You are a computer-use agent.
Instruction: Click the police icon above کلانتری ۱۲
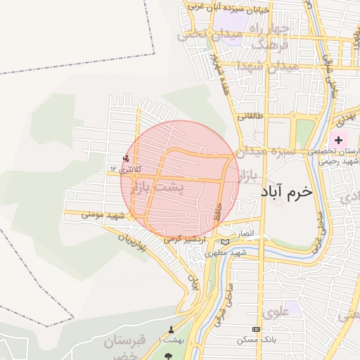[x=126, y=158]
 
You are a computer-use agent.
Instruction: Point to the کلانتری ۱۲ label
[x=125, y=169]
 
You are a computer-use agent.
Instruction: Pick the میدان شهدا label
[x=269, y=65]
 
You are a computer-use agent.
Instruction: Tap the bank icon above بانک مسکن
[x=256, y=329]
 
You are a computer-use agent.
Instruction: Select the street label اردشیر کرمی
[x=186, y=239]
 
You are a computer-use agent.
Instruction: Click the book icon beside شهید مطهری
[x=225, y=242]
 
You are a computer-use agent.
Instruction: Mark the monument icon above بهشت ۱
[x=171, y=329]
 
